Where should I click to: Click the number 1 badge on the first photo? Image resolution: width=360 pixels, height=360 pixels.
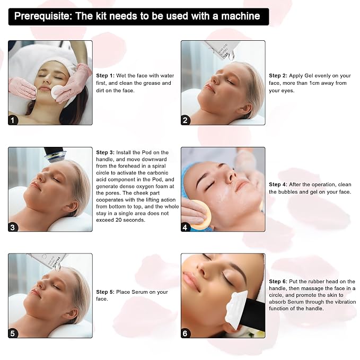(x=13, y=120)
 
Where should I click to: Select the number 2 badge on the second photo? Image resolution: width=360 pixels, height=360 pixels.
(x=185, y=120)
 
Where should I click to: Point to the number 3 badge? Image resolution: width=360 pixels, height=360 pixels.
(x=13, y=227)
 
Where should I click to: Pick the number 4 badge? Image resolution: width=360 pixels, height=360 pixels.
(x=185, y=227)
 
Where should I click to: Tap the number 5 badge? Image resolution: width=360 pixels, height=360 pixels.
(x=13, y=333)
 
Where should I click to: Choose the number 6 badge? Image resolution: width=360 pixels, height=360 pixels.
(x=185, y=333)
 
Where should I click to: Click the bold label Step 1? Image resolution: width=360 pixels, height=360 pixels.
(x=105, y=75)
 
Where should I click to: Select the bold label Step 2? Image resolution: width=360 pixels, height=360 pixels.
(x=278, y=75)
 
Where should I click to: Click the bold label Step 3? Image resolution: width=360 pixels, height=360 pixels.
(x=105, y=153)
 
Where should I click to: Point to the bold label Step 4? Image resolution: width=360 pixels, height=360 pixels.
(x=278, y=185)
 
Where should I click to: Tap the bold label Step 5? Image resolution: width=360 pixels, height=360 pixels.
(x=105, y=292)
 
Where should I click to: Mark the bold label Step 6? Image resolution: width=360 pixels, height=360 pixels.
(x=278, y=281)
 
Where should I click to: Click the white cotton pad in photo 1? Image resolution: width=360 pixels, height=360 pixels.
(x=58, y=92)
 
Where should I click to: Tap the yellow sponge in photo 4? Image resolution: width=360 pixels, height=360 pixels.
(x=201, y=215)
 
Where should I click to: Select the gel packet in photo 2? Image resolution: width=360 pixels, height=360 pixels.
(x=221, y=50)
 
